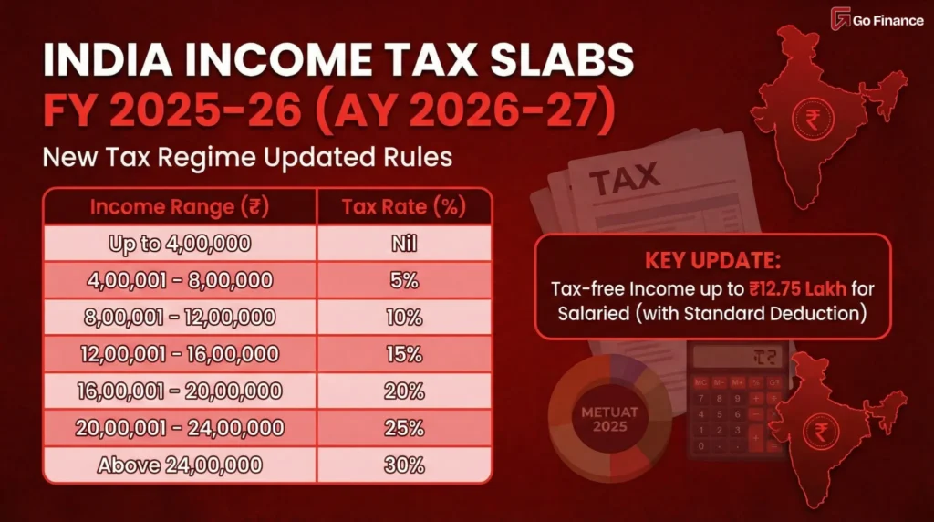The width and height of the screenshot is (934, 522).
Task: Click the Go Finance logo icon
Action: (840, 19)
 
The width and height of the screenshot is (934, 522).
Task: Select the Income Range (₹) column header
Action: (180, 206)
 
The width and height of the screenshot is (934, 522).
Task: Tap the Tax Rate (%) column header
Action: (403, 206)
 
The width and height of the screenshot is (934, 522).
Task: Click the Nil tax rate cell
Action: (403, 244)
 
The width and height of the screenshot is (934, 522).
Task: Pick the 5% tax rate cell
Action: (403, 280)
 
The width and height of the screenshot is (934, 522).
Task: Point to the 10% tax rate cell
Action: (403, 318)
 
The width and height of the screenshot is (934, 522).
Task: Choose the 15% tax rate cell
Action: (403, 354)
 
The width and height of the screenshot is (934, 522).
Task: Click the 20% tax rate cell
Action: (403, 391)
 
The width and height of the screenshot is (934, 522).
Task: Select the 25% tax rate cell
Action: (403, 428)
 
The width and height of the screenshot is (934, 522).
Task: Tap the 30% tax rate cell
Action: (403, 465)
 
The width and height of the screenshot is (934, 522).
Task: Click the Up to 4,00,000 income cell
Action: (180, 244)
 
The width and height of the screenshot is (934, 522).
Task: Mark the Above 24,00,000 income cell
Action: (180, 465)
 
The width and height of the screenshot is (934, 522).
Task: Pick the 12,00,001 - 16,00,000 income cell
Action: (180, 354)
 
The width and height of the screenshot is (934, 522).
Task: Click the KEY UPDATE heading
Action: (712, 261)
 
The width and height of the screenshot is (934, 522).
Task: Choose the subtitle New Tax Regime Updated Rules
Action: (247, 156)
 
